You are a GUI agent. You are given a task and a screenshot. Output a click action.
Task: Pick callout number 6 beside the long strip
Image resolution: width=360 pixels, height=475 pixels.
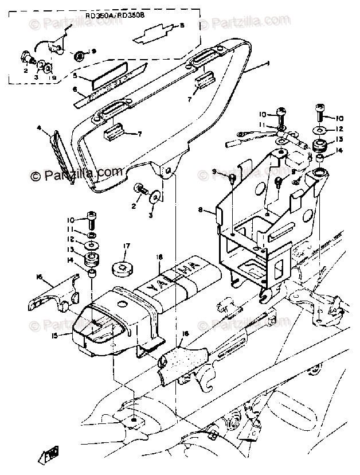pos(74,89)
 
